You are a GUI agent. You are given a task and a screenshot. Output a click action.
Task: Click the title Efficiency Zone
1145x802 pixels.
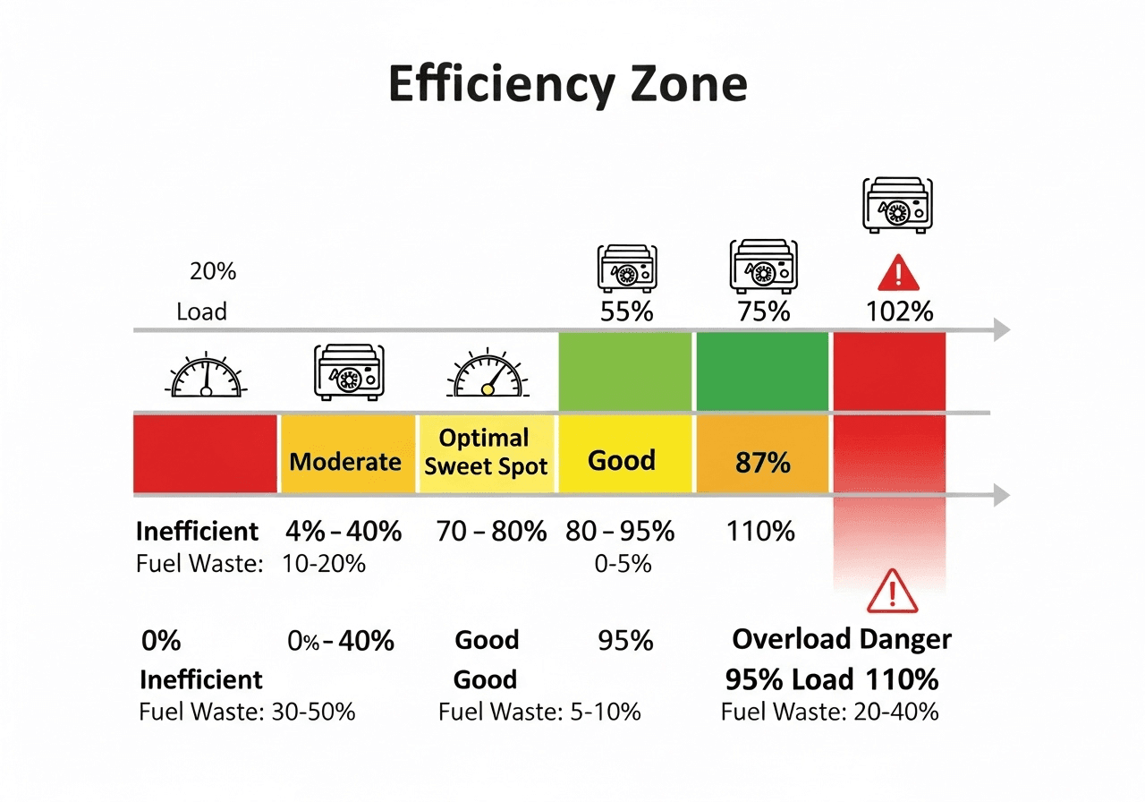tap(567, 85)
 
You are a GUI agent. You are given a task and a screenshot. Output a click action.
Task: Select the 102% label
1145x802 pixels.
tap(900, 311)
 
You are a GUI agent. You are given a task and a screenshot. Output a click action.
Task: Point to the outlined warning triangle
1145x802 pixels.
tap(892, 590)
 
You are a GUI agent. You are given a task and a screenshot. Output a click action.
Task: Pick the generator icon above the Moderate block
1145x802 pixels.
tap(347, 373)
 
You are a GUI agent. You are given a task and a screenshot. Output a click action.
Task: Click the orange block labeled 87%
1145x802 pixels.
tap(763, 455)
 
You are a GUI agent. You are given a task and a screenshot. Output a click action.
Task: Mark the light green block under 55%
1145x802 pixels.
tap(625, 371)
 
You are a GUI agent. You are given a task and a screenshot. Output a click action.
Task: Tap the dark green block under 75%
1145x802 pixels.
tap(763, 371)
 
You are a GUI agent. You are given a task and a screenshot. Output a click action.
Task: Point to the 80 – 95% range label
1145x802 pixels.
tap(620, 532)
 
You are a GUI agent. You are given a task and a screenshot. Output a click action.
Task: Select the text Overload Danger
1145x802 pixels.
tap(842, 640)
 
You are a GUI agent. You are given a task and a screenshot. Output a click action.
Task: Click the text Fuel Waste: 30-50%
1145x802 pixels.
tap(248, 712)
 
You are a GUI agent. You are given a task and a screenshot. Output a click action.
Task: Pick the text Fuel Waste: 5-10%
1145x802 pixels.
tap(539, 712)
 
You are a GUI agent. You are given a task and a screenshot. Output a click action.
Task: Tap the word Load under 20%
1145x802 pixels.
tap(201, 312)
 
